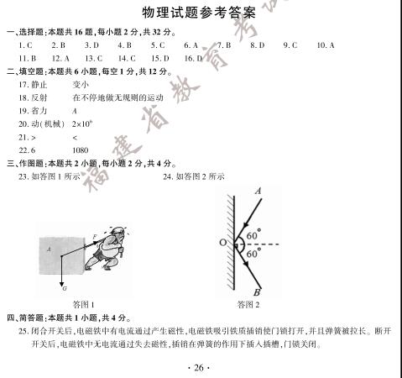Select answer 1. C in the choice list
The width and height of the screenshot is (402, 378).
24,45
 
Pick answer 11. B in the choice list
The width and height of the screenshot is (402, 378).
26,58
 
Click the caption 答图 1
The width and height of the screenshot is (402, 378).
83,304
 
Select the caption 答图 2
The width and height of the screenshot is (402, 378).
248,304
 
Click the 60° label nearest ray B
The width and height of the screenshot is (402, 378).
253,253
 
